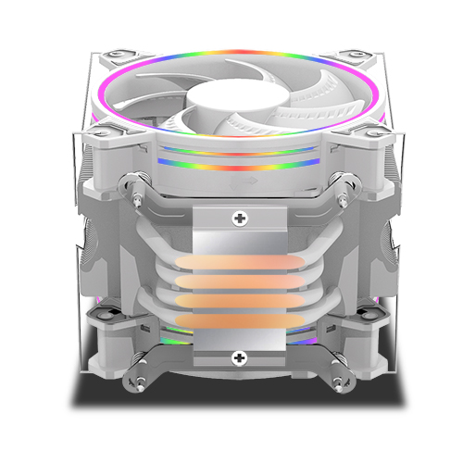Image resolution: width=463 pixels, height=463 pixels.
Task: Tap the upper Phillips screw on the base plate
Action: (241, 219)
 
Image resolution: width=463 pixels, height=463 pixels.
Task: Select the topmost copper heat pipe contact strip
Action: (241, 261)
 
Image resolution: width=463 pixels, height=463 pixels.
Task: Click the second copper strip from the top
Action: (241, 282)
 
